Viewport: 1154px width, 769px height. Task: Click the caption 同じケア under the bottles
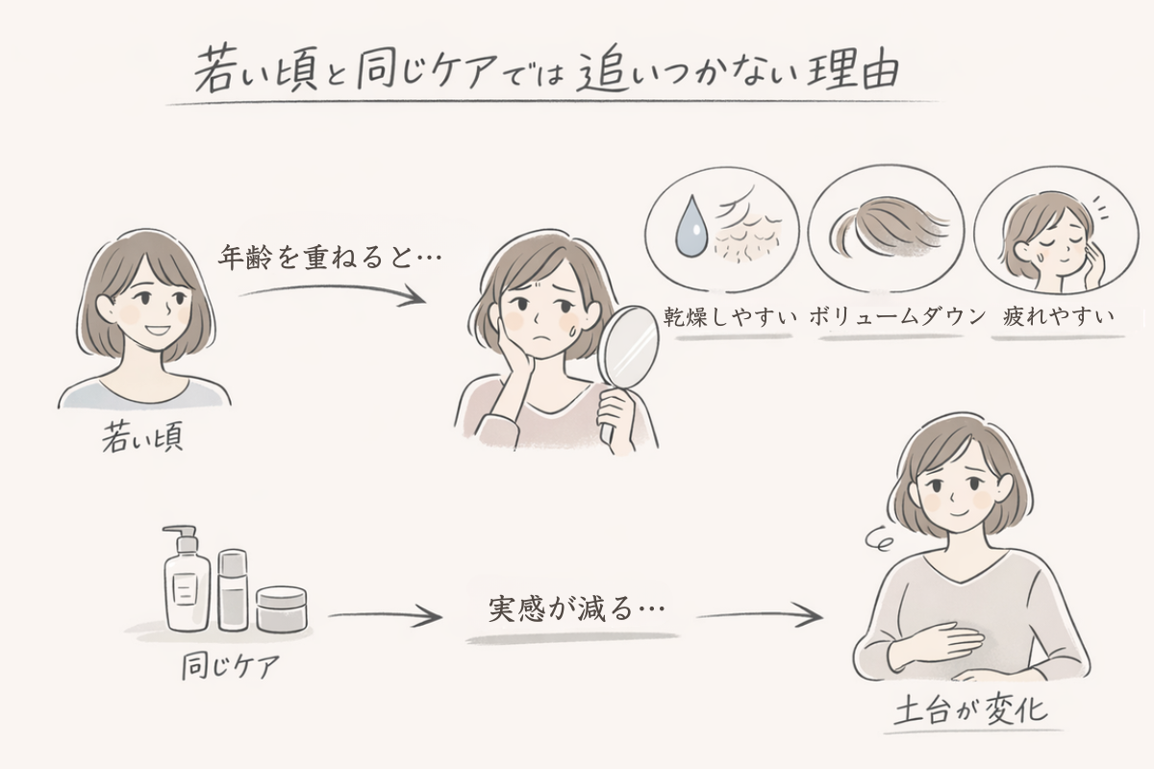coord(229,666)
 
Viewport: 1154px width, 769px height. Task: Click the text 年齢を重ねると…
coord(322,257)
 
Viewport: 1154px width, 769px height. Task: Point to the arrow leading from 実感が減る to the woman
coord(759,615)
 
